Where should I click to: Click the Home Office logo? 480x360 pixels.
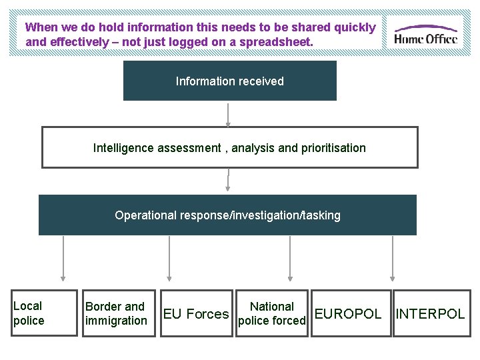(425, 34)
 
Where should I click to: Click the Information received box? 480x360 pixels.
(230, 81)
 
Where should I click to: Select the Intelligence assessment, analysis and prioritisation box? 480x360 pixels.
(230, 147)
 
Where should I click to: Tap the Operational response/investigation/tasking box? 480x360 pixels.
(227, 215)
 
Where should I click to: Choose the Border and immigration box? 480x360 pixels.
(117, 313)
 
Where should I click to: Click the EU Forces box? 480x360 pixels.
(196, 313)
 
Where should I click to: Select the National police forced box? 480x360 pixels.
(272, 313)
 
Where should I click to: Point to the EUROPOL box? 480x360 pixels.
(347, 313)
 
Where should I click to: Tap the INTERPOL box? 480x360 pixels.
(430, 313)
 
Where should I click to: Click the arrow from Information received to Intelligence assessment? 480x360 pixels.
(229, 114)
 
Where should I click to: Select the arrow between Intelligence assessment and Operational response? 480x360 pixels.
(229, 181)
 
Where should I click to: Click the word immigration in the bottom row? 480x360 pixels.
(116, 321)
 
